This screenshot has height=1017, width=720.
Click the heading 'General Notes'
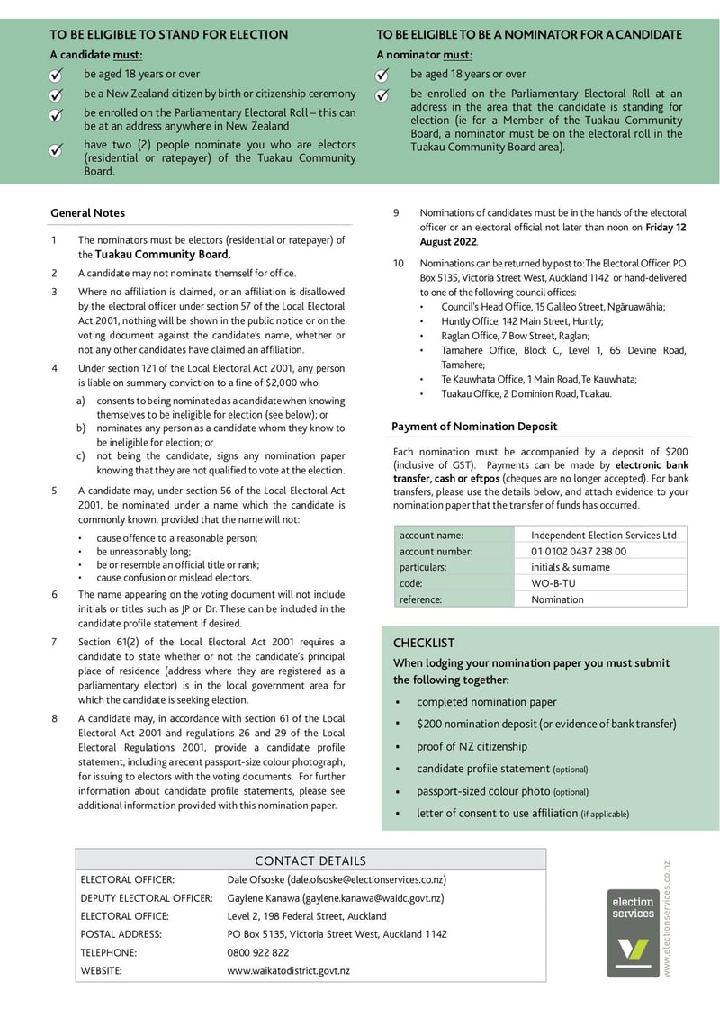tap(88, 213)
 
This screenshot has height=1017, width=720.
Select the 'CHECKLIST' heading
tap(424, 643)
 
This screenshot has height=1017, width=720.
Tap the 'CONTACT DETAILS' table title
tap(310, 861)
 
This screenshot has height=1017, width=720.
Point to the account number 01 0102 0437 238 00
tap(579, 551)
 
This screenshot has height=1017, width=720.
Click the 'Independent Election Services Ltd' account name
tap(603, 535)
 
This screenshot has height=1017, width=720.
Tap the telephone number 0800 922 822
tap(258, 952)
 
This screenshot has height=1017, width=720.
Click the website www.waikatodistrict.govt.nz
tap(289, 970)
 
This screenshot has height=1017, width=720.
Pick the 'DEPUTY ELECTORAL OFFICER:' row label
tap(147, 898)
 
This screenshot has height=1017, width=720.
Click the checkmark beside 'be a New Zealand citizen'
tap(56, 94)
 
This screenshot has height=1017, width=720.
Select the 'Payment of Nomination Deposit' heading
tap(474, 427)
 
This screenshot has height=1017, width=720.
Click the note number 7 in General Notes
tap(54, 642)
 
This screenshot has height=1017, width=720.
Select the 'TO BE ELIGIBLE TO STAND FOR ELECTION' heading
tap(168, 35)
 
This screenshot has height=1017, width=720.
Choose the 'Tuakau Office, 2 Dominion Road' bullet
tap(526, 394)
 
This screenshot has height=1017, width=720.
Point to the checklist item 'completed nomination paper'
tap(486, 702)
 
